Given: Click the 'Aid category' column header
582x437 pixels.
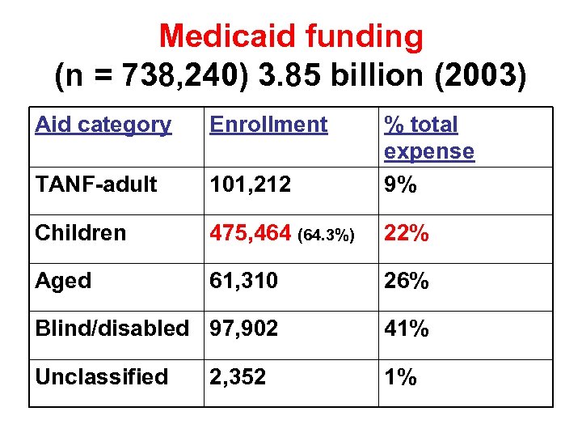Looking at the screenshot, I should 103,125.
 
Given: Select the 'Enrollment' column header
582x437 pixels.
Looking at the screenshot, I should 268,125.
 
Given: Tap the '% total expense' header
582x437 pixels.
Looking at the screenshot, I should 428,138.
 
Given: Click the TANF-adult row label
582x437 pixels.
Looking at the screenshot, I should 96,185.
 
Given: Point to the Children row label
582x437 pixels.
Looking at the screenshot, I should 81,233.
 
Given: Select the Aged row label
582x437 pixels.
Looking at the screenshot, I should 63,281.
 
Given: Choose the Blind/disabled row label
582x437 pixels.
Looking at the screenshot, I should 112,329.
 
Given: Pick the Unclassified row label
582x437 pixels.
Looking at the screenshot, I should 101,376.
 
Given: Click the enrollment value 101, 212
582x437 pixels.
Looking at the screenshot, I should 250,185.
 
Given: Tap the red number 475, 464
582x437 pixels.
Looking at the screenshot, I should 251,233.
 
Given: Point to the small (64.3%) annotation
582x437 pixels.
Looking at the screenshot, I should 326,235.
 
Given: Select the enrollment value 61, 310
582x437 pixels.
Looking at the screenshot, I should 243,281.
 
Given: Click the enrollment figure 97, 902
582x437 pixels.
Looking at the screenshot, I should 243,329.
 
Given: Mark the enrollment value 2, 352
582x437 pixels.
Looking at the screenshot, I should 238,376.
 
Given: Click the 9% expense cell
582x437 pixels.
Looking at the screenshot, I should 400,185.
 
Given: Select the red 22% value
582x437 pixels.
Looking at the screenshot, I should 407,233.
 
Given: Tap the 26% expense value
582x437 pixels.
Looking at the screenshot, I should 407,281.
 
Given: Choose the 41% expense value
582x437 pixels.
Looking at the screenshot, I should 407,329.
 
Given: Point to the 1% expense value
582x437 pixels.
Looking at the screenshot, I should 400,376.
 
